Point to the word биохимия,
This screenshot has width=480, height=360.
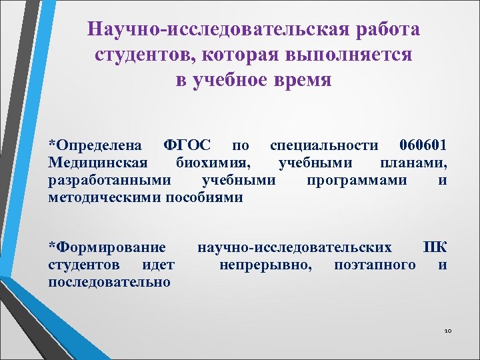click(x=213, y=163)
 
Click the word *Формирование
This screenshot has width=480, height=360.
click(x=107, y=248)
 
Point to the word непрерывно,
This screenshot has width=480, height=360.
click(x=264, y=265)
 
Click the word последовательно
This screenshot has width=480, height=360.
click(x=109, y=283)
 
